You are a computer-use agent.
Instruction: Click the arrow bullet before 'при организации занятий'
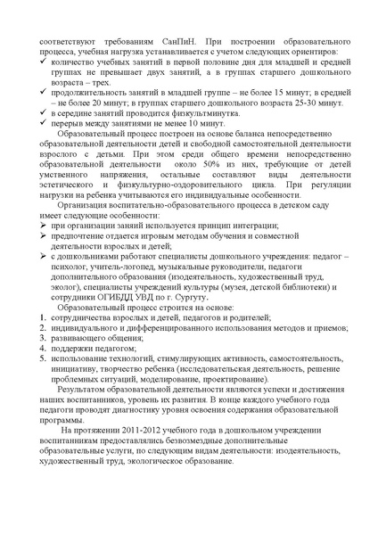[x=46, y=253]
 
